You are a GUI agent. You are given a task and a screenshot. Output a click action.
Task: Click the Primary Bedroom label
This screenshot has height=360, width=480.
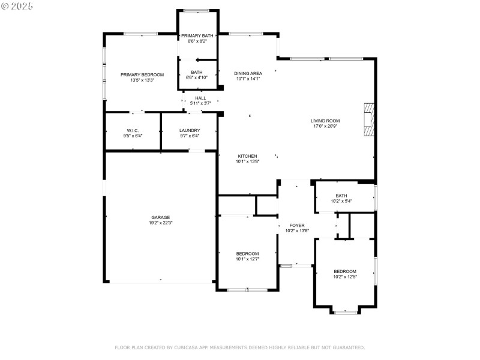pyautogui.click(x=142, y=74)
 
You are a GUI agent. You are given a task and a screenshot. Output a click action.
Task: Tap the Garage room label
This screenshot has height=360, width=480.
pyautogui.click(x=160, y=217)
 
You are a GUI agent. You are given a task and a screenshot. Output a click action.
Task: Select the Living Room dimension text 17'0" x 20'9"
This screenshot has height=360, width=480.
pyautogui.click(x=325, y=126)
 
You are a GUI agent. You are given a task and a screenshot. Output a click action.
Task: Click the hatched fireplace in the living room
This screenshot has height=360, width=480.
pyautogui.click(x=369, y=119)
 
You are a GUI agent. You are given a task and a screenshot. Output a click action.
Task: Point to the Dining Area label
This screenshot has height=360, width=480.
pyautogui.click(x=248, y=73)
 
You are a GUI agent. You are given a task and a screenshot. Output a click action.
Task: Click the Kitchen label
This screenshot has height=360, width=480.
pyautogui.click(x=247, y=156)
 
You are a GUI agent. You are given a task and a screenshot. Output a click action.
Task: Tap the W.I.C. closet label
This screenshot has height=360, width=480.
pyautogui.click(x=133, y=131)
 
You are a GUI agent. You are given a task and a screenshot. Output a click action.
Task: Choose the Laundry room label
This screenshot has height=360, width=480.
pyautogui.click(x=190, y=130)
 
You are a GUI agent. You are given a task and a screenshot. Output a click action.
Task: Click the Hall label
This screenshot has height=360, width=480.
pyautogui.click(x=200, y=98)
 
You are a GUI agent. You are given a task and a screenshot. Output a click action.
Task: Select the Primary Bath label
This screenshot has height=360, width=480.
pyautogui.click(x=197, y=36)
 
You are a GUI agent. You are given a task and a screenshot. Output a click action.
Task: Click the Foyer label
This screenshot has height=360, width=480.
pyautogui.click(x=297, y=226)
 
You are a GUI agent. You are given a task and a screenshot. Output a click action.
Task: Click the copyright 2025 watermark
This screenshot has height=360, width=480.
pyautogui.click(x=17, y=6)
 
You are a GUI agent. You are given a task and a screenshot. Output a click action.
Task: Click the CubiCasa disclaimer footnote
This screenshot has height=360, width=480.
pyautogui.click(x=239, y=347)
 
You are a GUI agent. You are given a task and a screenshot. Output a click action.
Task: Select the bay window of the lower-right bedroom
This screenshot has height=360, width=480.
pyautogui.click(x=345, y=312)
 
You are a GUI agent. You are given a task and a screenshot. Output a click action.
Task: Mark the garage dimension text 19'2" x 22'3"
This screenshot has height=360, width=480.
pyautogui.click(x=161, y=223)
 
